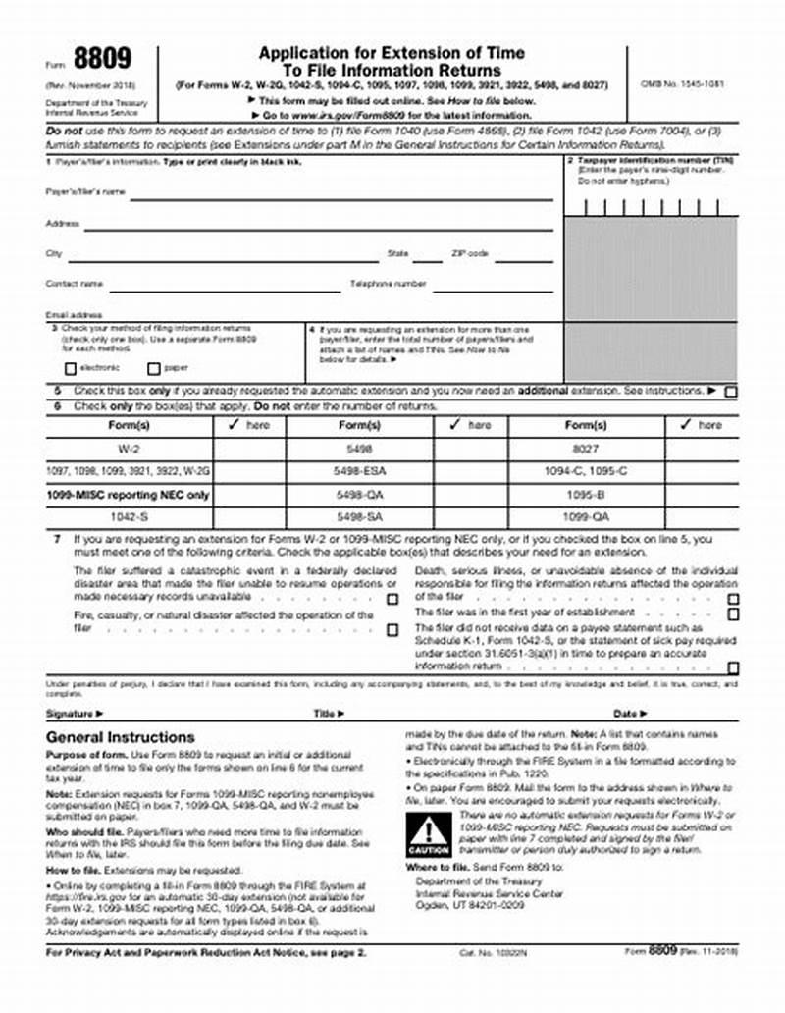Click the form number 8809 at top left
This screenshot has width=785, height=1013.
click(103, 58)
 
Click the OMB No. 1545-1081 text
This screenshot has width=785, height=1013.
click(682, 83)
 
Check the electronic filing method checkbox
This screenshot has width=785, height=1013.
click(70, 369)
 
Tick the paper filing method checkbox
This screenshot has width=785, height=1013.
click(153, 369)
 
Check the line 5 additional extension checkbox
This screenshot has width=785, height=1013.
click(730, 392)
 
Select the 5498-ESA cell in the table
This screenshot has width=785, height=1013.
click(360, 472)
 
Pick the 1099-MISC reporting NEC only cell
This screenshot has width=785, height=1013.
click(129, 495)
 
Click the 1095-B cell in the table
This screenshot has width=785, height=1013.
click(587, 495)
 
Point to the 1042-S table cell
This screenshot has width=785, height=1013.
click(129, 516)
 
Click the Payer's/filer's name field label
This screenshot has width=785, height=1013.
click(85, 192)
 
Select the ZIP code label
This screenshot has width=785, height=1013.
click(469, 253)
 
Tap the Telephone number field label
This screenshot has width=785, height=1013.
click(389, 284)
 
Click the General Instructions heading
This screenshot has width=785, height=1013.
click(121, 737)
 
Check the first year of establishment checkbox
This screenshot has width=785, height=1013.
click(732, 613)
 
